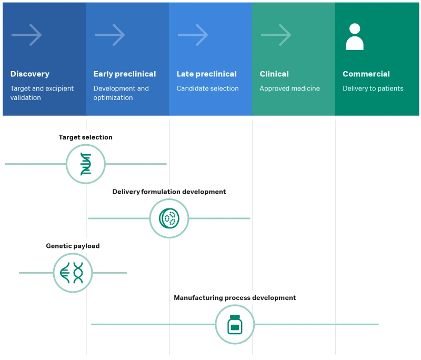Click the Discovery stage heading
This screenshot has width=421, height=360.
point(29,74)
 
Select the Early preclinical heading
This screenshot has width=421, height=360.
point(125,74)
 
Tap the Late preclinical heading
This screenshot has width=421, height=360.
point(206,74)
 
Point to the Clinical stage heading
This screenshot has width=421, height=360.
point(274,74)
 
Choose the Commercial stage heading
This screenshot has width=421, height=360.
point(366,74)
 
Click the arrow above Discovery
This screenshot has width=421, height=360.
point(27,35)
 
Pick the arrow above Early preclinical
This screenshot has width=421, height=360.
point(110,35)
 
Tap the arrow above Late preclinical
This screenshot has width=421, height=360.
point(193,35)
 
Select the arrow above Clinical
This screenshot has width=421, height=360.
point(276,35)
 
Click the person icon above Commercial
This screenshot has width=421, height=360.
point(355,37)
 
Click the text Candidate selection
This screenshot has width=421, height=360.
point(207,88)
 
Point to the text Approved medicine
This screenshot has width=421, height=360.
point(289,88)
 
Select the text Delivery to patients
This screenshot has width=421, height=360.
point(373,88)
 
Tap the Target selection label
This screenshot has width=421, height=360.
point(85,137)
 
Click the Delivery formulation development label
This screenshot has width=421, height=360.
point(169,192)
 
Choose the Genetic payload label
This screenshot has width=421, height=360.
point(73,246)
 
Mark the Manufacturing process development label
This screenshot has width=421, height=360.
point(235,298)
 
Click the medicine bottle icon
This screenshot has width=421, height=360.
point(235,324)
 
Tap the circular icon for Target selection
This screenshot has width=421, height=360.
point(86,164)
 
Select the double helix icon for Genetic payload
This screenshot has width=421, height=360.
point(73,273)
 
